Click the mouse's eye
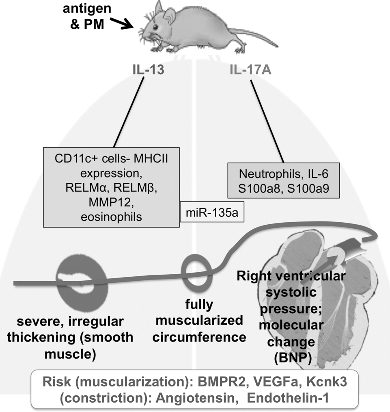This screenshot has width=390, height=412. [x=155, y=27]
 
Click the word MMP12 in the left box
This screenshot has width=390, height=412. [x=110, y=202]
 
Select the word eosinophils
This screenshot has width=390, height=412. [x=111, y=217]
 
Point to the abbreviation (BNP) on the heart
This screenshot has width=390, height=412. [x=293, y=358]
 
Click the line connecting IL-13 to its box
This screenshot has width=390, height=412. [x=129, y=112]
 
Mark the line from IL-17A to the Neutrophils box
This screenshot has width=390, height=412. [x=267, y=121]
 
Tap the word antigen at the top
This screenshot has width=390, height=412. [x=87, y=9]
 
